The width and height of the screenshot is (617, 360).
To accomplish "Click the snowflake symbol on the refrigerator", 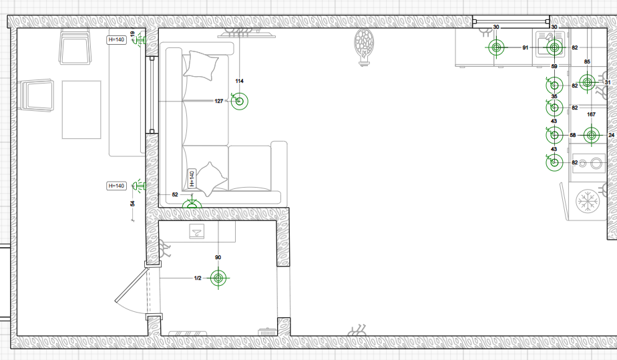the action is coord(587,202).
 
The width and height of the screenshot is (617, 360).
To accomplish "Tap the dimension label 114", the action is coord(239,81).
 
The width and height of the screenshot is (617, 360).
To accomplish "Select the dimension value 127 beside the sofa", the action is coord(219,101).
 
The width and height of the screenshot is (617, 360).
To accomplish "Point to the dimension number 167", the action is coord(591,114).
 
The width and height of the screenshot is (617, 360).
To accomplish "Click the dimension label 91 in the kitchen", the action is coord(526,47).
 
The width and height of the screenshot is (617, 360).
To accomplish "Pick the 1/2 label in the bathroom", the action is coord(198,278).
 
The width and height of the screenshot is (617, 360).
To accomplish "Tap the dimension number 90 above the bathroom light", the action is coord(218,257).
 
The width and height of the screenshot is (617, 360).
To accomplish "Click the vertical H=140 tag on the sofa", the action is coord(192,178).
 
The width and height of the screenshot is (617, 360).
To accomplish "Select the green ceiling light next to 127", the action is coord(239,101).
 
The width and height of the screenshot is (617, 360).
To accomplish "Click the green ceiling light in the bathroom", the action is coord(219,278).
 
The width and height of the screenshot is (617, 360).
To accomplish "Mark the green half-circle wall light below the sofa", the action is coord(192,204).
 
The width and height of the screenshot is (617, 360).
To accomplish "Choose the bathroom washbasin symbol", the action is coord(196,231).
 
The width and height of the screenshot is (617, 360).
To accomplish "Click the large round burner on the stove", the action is coord(596,162).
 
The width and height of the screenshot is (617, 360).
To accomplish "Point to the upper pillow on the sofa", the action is coord(201,65).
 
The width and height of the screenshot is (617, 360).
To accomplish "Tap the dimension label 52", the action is coord(175,194).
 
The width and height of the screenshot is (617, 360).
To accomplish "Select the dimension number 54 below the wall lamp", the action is coord(133,204).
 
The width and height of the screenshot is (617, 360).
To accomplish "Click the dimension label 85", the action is coord(587,61).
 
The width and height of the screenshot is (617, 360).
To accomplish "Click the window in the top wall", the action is coord(511,21).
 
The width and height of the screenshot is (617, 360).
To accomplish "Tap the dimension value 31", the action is coord(608,83).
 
